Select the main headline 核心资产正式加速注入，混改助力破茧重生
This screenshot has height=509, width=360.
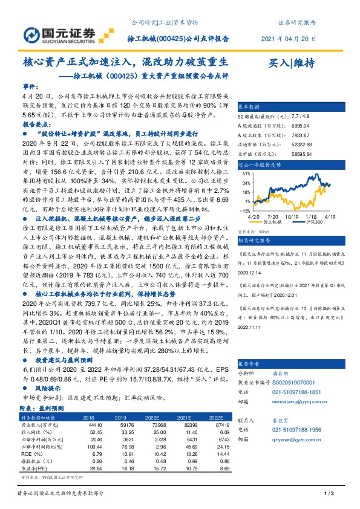125,62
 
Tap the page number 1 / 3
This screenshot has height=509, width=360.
329,494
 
